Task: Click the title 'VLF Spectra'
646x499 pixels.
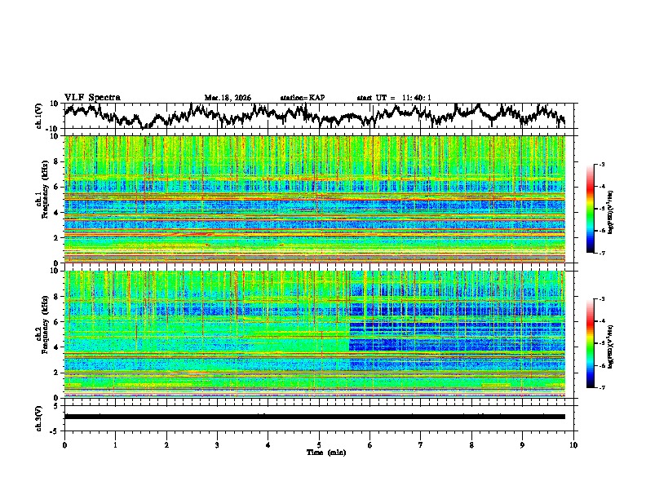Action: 92,98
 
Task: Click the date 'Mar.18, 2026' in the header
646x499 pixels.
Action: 228,98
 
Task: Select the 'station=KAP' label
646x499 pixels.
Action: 302,98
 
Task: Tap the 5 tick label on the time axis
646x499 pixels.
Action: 319,444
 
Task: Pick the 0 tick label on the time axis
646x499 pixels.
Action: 64,444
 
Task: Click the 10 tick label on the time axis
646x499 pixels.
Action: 573,444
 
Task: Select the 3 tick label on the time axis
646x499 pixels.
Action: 217,444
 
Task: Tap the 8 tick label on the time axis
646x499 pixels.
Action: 471,444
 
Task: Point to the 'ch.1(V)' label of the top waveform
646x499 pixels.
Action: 40,116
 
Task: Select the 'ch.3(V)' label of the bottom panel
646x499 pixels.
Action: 40,417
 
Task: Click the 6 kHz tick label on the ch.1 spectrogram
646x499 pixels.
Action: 57,187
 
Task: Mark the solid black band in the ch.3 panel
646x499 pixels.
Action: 314,417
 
